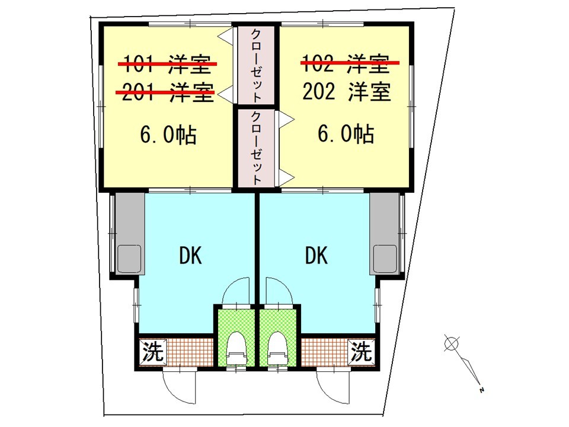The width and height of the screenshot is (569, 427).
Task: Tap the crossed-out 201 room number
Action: (138, 93)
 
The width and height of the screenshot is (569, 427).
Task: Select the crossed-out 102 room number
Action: (318, 63)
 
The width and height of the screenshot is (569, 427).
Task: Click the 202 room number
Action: (319, 91)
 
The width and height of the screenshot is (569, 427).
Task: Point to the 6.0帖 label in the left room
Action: (168, 135)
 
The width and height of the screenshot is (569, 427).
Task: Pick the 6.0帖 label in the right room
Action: (346, 133)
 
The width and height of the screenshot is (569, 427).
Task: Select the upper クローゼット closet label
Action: (256, 65)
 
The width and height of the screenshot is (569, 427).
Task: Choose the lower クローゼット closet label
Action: (256, 148)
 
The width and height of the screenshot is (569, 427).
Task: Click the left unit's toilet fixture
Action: (236, 349)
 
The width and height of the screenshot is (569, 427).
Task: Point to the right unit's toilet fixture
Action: (278, 349)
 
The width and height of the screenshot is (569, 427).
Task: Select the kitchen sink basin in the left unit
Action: (130, 258)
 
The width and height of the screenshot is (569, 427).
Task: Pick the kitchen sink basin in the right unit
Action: (385, 258)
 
